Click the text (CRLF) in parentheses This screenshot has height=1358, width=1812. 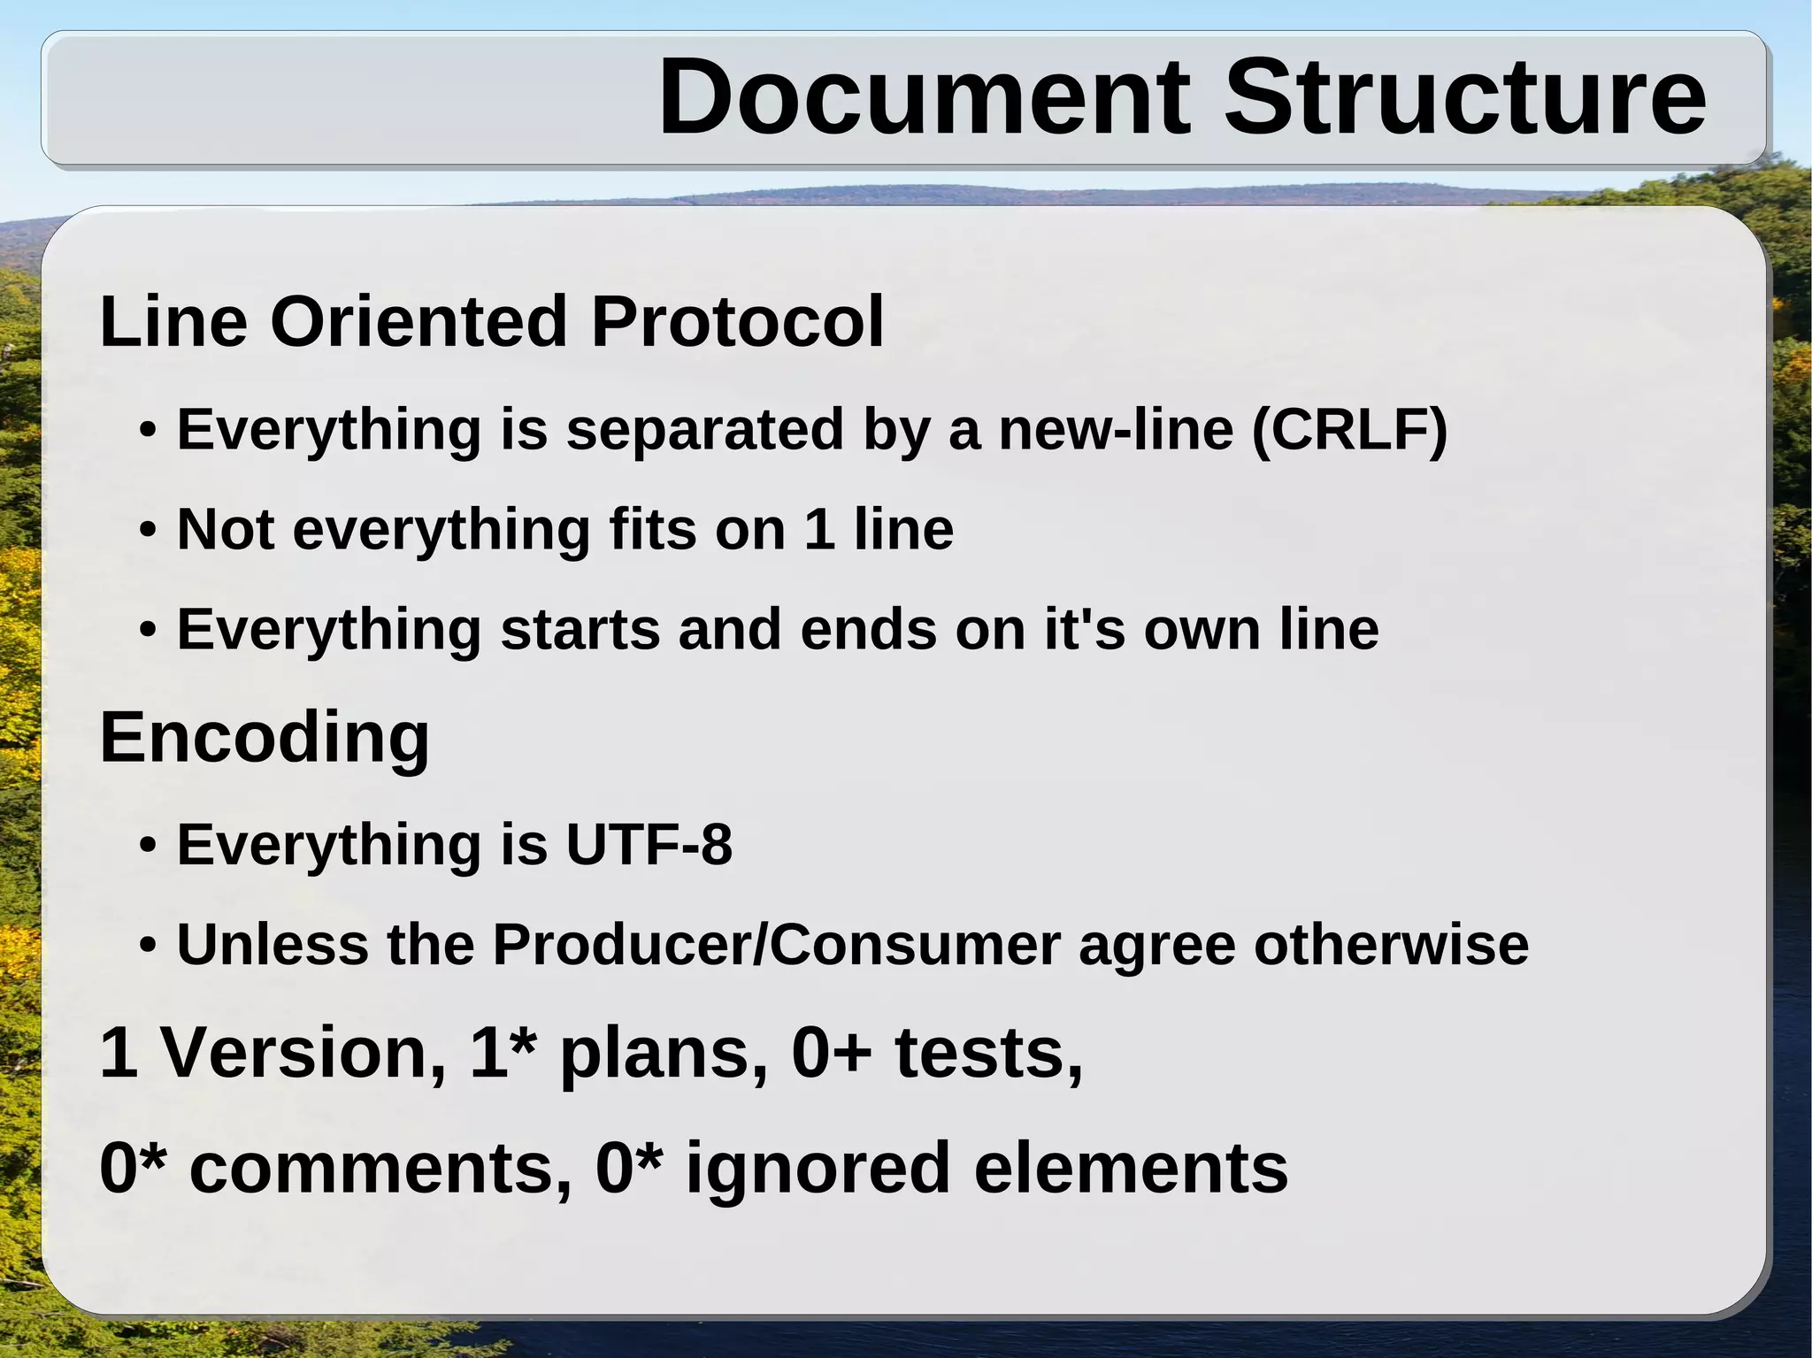point(1349,430)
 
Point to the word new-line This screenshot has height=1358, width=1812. point(1116,430)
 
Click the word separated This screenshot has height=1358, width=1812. point(705,430)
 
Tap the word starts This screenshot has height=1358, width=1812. point(580,629)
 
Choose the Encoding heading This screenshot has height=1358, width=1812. point(265,738)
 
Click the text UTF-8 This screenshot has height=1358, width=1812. point(649,844)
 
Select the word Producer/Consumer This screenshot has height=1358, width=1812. point(776,944)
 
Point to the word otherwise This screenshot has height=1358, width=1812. point(1391,944)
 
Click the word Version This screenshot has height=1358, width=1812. point(300,1053)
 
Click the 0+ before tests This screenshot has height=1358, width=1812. point(831,1053)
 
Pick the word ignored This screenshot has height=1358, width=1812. point(818,1168)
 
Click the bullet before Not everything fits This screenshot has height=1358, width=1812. point(148,531)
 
